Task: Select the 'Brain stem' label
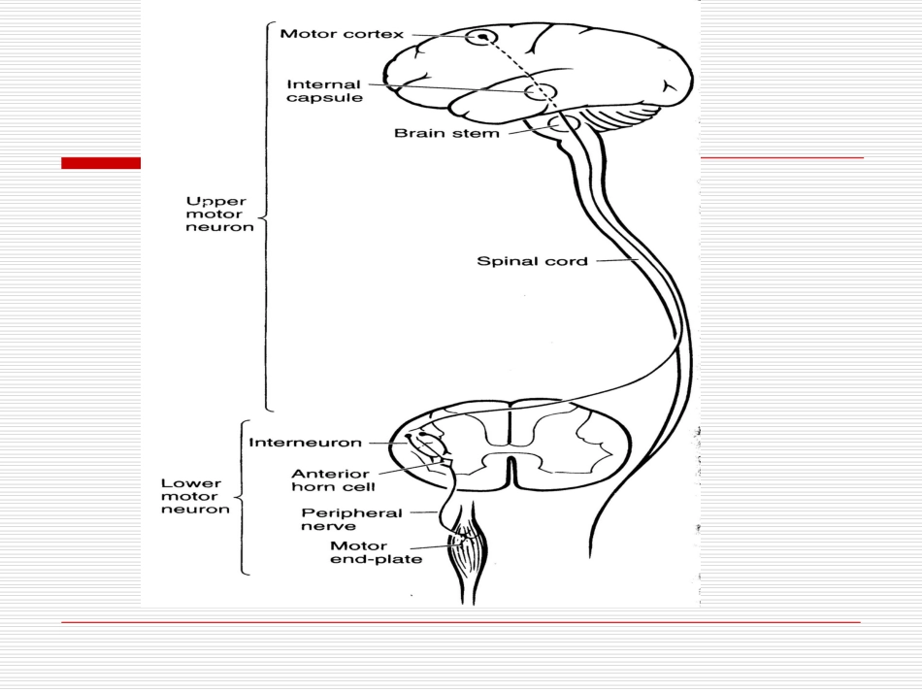pos(446,133)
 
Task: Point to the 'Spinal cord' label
pos(532,260)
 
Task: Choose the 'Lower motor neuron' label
pos(197,495)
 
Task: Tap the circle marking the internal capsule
pos(540,93)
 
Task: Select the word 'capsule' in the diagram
pos(344,98)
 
